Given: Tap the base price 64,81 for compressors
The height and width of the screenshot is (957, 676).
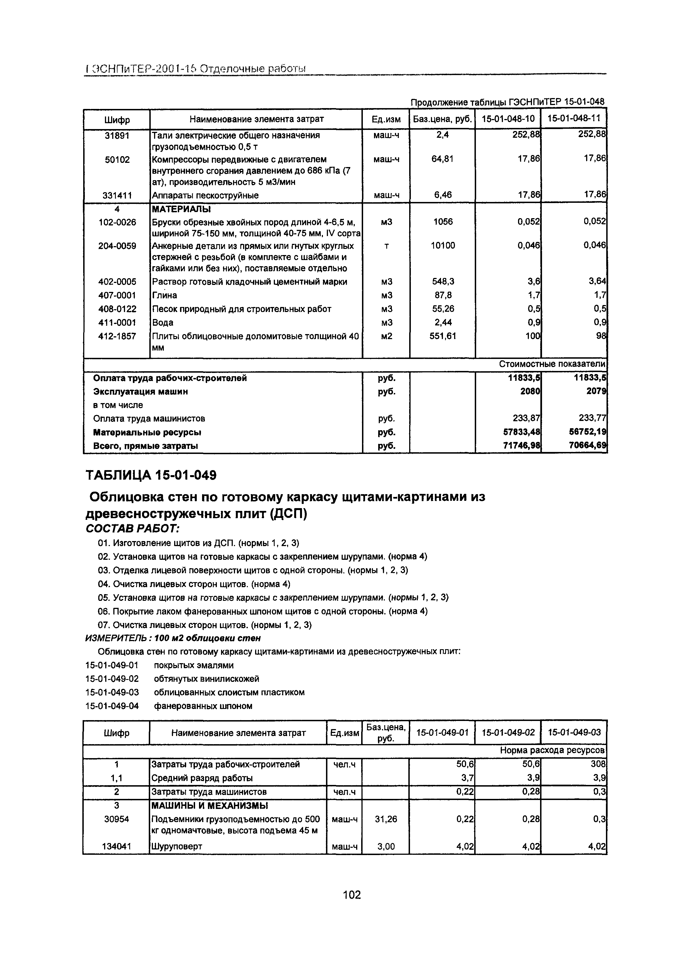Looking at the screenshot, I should point(442,159).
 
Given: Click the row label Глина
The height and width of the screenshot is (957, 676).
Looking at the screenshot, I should point(164,295).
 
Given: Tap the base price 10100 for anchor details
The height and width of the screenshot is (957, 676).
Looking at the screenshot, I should point(442,246).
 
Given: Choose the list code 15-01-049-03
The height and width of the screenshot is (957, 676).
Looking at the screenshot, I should point(112,692).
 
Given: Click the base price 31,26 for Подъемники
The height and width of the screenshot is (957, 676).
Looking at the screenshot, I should point(386,819).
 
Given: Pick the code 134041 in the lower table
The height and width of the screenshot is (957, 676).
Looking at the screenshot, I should point(117,847).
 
